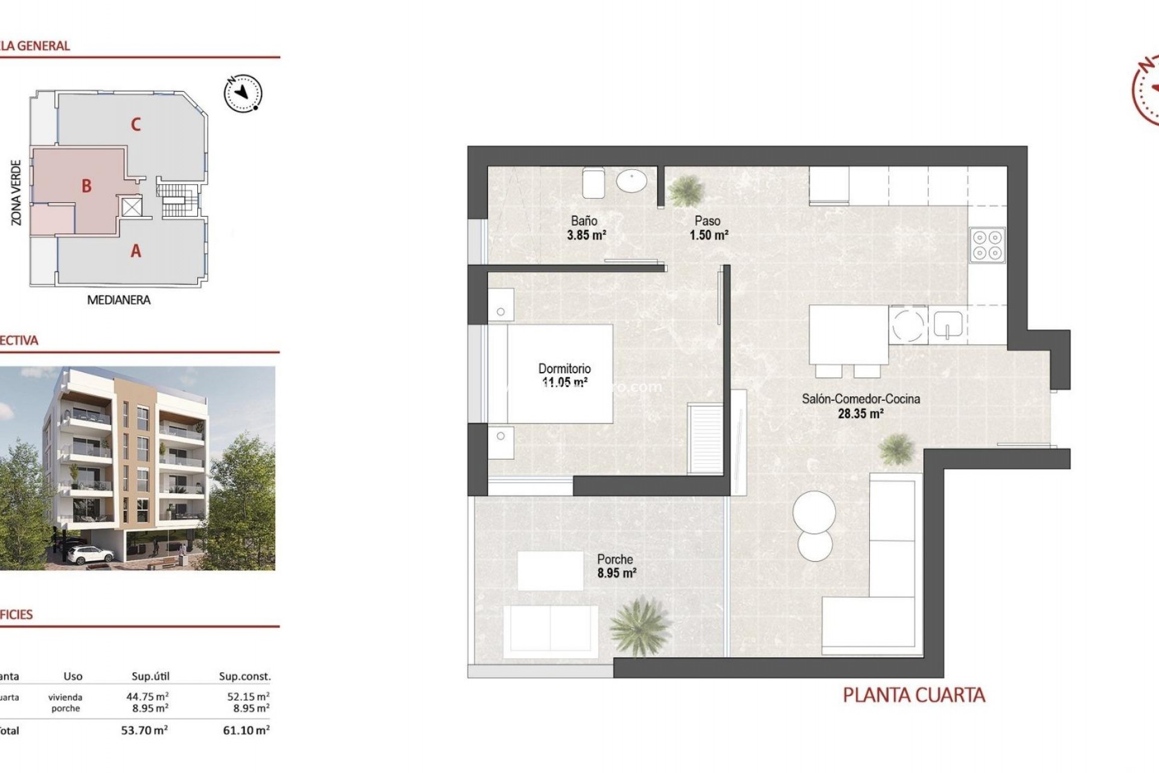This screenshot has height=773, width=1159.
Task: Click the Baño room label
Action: point(584,221)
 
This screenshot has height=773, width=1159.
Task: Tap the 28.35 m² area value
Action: point(860,414)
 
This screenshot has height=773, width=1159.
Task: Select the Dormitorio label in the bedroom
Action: point(564,368)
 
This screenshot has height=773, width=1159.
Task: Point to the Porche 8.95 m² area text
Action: point(616,573)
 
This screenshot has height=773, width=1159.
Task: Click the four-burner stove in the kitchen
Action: point(987,245)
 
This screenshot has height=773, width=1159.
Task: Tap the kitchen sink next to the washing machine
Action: point(948,325)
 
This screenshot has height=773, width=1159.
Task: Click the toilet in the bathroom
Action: point(593,182)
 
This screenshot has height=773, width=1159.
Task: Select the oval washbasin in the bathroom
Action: point(631,181)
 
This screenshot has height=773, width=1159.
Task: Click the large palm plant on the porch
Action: point(640,626)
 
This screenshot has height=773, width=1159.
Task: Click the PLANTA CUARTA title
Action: point(913,696)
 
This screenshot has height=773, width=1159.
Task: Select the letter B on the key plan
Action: point(86,186)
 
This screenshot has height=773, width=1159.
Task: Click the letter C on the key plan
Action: point(136,124)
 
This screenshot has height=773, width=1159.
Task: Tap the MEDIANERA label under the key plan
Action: point(118,300)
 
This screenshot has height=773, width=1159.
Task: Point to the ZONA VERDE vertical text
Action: point(16,193)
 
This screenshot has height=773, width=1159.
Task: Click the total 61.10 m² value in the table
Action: point(246,730)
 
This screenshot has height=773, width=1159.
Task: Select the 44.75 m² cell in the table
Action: point(147,696)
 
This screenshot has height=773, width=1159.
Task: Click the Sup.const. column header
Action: point(244,676)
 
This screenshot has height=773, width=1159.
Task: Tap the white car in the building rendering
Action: point(91,553)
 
